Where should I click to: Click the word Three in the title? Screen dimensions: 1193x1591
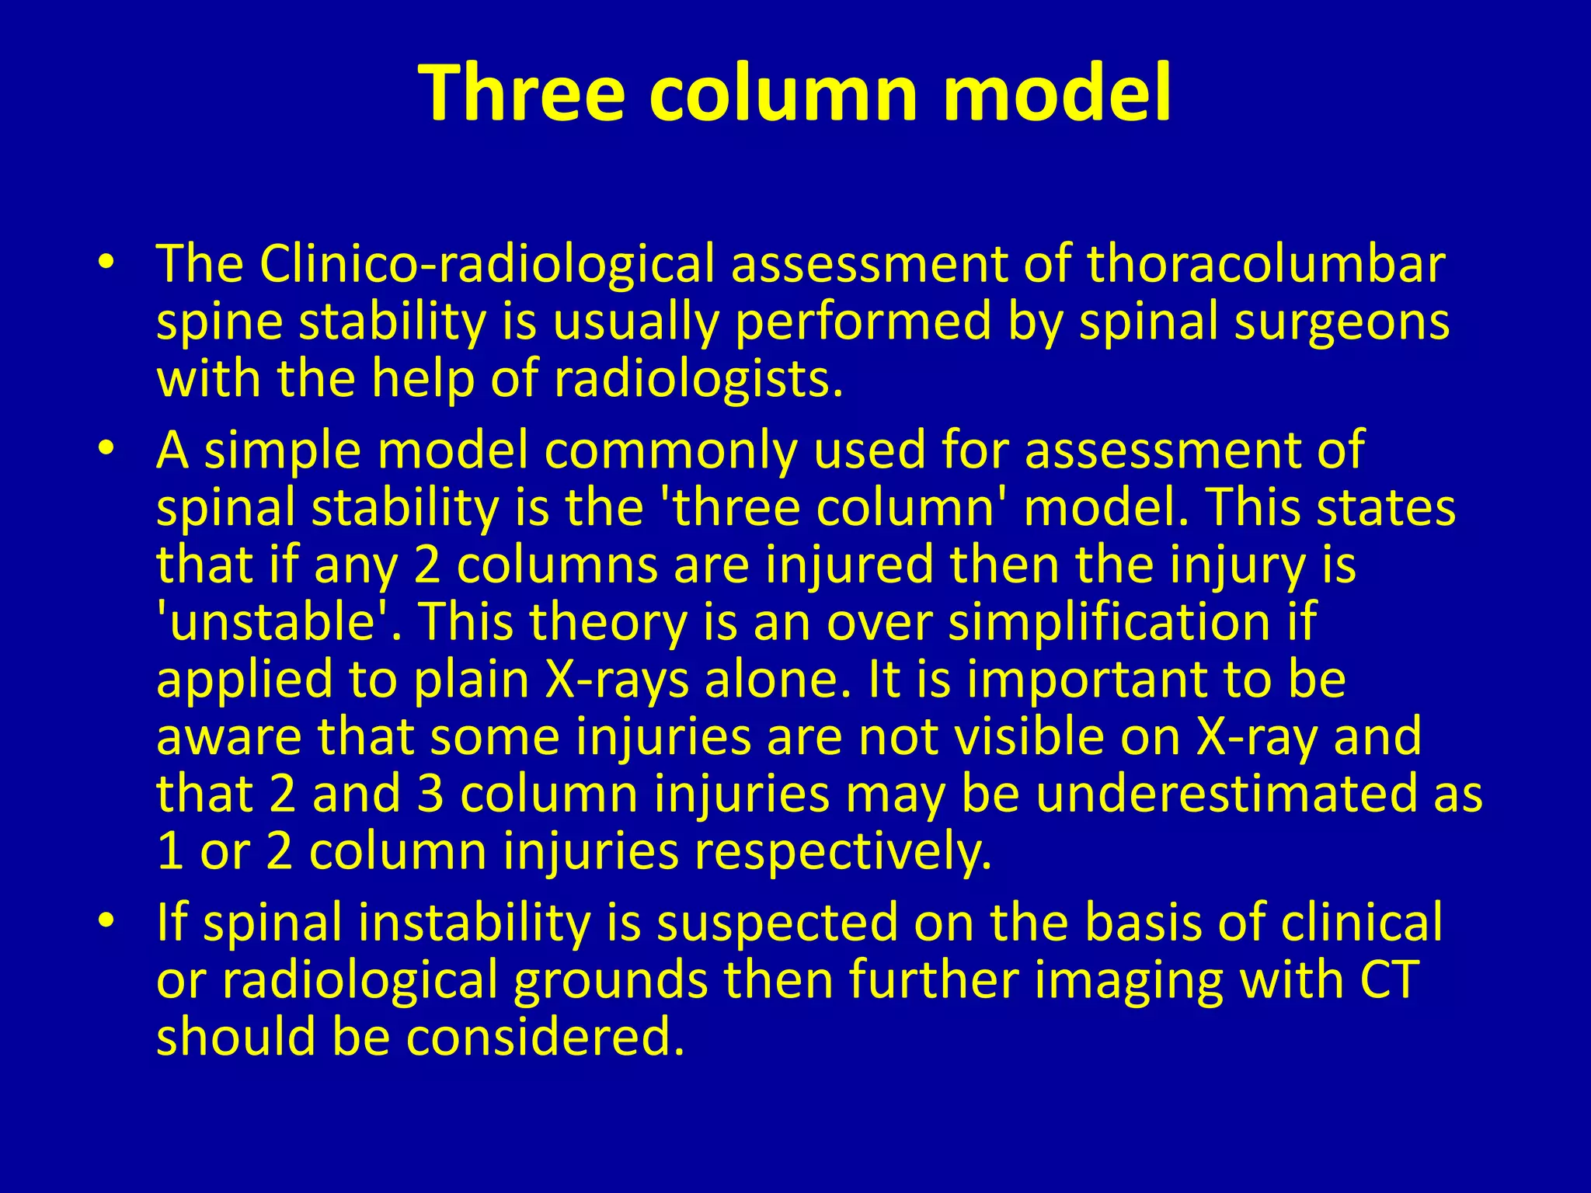click(x=521, y=92)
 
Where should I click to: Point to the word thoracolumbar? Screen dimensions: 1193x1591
click(x=1265, y=264)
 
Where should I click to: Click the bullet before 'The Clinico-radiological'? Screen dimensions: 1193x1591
click(x=106, y=262)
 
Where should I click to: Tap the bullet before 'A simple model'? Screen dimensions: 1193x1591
click(x=106, y=448)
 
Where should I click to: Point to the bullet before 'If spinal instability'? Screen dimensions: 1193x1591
click(x=106, y=920)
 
